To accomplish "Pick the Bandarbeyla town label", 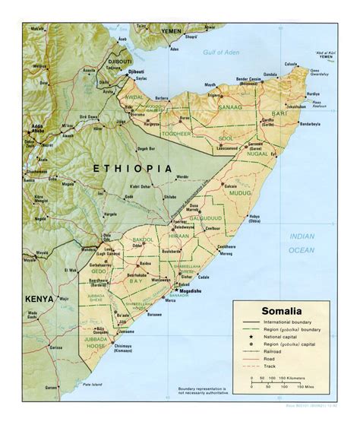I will (313, 124).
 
